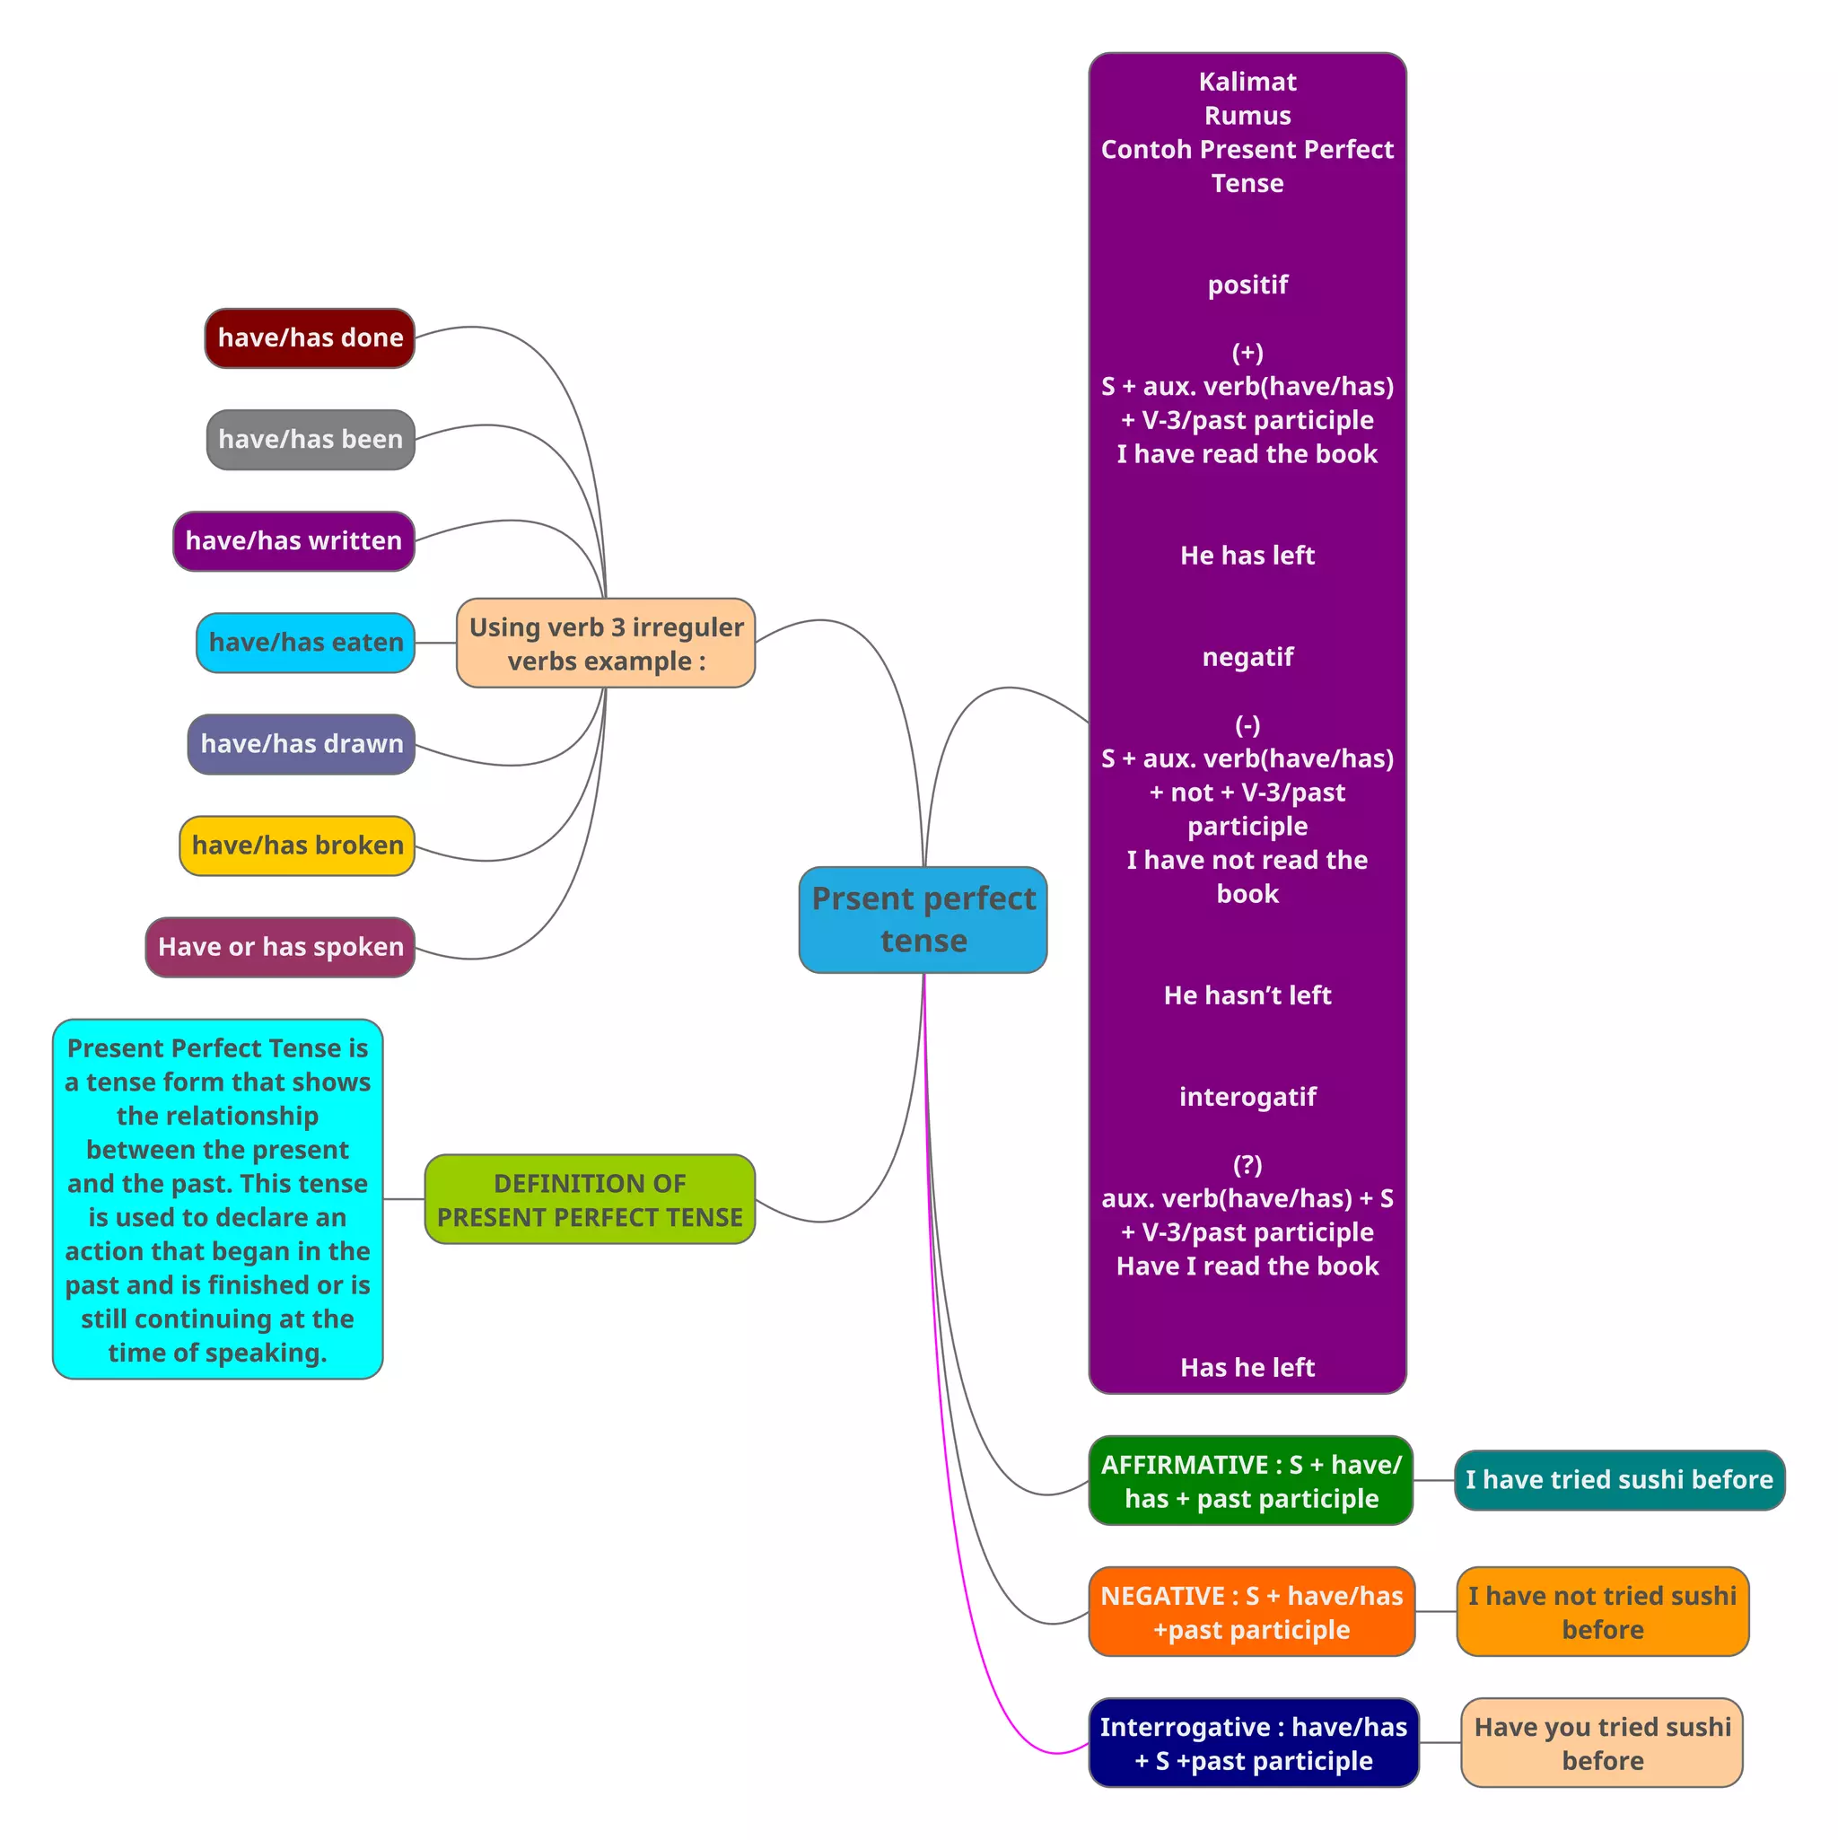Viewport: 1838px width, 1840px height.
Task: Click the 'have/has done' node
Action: click(x=310, y=338)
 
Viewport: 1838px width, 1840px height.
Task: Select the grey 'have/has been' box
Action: click(x=311, y=439)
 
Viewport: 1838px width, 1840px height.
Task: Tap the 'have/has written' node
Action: click(x=293, y=541)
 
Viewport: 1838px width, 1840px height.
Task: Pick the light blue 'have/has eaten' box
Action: click(x=306, y=643)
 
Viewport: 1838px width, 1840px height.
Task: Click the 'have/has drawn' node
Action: click(x=301, y=744)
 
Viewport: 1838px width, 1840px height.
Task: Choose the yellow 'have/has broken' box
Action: click(x=297, y=846)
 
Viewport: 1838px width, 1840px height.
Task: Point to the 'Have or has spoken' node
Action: click(x=280, y=947)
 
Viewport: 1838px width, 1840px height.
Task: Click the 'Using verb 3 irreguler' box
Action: click(x=606, y=643)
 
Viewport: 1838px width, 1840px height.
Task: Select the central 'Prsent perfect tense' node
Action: click(x=923, y=919)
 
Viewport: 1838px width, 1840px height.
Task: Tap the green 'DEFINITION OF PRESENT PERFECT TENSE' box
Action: click(x=590, y=1199)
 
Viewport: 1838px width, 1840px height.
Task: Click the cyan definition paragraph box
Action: click(x=217, y=1199)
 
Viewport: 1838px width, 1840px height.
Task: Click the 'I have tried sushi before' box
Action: click(x=1619, y=1480)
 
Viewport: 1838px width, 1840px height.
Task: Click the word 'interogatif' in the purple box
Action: click(x=1247, y=1097)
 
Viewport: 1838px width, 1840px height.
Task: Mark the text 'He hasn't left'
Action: click(x=1247, y=995)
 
